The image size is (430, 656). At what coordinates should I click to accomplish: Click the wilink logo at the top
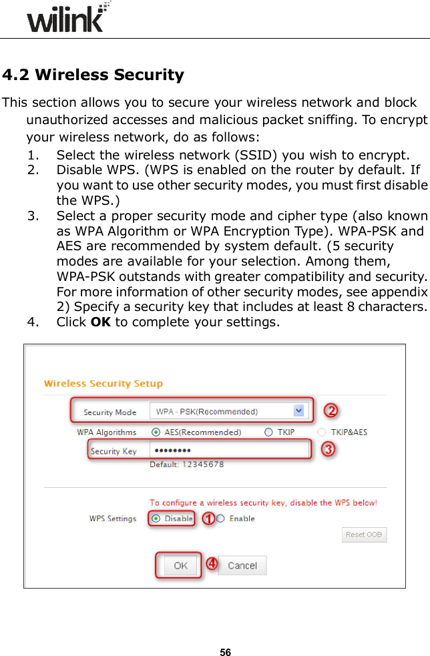tap(65, 18)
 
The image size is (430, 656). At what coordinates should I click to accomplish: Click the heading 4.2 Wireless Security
tap(93, 75)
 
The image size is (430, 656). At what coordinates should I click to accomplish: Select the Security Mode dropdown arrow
tap(299, 411)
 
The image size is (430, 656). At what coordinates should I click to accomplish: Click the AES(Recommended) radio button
tap(156, 432)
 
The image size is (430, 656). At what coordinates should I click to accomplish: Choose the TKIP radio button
tap(268, 432)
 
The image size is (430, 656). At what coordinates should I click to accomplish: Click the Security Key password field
tap(228, 450)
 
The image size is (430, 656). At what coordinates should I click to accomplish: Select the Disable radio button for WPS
tap(156, 519)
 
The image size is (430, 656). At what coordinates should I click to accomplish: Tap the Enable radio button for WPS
tap(220, 519)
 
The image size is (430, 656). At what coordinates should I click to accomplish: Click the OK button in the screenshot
tap(180, 565)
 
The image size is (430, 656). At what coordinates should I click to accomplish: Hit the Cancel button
tap(242, 565)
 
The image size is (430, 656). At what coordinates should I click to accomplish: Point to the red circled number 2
tap(329, 409)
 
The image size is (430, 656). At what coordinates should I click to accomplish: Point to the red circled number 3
tap(328, 450)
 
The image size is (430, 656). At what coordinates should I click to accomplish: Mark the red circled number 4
tap(211, 564)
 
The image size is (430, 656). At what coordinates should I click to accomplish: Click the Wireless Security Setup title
tap(103, 384)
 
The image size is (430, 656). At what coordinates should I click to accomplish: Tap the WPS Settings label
tap(113, 519)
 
